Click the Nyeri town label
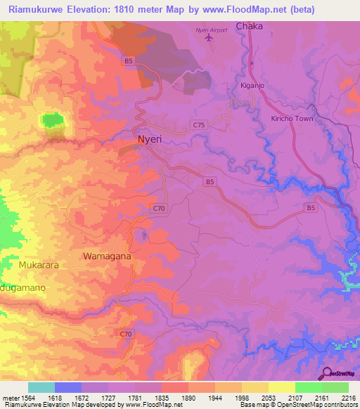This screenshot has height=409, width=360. [x=150, y=139]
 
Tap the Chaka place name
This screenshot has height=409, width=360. [x=249, y=26]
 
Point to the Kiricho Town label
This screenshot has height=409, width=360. [x=292, y=119]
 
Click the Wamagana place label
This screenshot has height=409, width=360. [x=107, y=257]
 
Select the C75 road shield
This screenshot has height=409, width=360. [x=198, y=124]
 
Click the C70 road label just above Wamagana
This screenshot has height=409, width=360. [x=159, y=208]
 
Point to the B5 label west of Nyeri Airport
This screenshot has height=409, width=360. [x=128, y=62]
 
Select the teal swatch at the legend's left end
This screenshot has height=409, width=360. [x=41, y=387]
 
